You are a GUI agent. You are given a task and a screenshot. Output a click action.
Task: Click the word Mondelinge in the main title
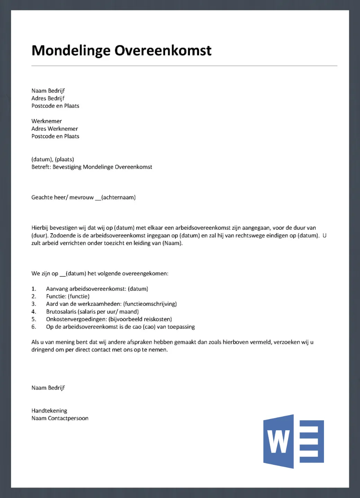coord(71,50)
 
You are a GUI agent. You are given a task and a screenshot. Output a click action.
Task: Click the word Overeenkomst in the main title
coord(163,50)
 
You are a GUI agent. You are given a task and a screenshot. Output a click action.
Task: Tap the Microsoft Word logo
coord(294,441)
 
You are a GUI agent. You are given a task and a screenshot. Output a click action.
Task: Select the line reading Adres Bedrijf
coord(48,98)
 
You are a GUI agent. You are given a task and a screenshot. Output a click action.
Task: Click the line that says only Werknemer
coord(46,121)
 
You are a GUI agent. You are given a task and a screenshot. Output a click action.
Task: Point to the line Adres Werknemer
coord(54,129)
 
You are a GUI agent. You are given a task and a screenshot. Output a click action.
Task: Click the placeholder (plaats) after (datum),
coord(64,159)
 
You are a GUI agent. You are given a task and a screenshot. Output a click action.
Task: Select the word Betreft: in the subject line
coord(41,167)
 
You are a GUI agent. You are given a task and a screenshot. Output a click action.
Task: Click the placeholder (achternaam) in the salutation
coord(118,197)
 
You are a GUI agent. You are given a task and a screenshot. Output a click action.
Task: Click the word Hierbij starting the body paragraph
coord(40,228)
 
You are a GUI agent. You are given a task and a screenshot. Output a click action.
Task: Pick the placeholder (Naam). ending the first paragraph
coord(172,243)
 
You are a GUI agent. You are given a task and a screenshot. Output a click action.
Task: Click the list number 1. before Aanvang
coord(34,289)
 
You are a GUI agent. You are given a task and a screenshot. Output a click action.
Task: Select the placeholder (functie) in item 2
coord(79,296)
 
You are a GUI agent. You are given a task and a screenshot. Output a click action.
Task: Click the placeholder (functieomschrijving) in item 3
coord(150,304)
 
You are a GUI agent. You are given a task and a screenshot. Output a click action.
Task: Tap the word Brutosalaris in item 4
coord(61,312)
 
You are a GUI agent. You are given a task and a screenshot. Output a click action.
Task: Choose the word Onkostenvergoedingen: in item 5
coord(76,319)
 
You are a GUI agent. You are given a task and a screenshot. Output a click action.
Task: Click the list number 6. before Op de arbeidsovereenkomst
coord(34,327)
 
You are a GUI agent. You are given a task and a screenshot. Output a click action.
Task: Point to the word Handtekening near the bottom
coord(49,411)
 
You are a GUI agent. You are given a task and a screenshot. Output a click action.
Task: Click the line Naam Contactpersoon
coord(60,418)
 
